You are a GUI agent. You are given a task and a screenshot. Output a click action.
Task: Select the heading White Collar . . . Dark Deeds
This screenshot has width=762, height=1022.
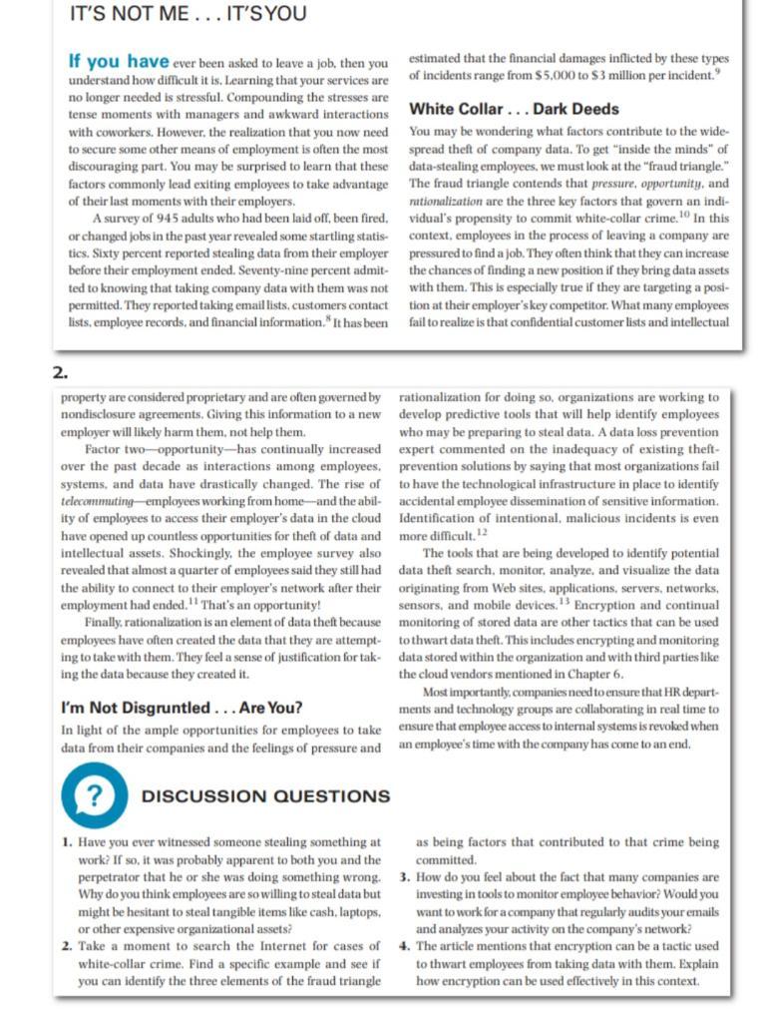pos(514,110)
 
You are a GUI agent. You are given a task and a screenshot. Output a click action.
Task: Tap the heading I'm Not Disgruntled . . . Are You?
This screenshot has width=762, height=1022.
pos(182,709)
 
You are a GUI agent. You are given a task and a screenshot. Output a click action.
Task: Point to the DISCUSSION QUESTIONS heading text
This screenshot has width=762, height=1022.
pos(265,796)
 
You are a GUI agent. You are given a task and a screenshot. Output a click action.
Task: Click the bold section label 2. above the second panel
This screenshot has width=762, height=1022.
pos(59,373)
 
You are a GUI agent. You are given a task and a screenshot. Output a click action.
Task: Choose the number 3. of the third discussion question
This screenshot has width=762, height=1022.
pos(403,877)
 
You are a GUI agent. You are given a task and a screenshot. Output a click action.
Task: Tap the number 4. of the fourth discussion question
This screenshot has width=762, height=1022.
pos(403,945)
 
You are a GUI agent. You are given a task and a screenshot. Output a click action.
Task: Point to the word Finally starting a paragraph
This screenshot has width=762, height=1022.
pos(107,622)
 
